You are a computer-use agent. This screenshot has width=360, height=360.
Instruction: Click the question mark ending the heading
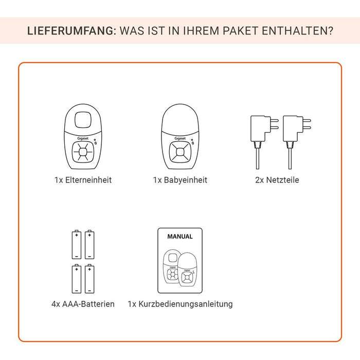330,31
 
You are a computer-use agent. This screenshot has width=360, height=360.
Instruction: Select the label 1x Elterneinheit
83,180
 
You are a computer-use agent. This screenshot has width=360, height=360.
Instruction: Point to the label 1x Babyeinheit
180,180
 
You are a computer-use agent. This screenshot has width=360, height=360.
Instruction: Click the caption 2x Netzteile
277,180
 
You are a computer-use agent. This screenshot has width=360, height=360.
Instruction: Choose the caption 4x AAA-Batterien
83,304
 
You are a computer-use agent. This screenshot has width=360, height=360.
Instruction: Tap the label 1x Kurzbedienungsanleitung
180,304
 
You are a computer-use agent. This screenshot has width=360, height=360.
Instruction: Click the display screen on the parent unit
83,120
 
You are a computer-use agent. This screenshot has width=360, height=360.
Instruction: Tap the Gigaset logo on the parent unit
83,138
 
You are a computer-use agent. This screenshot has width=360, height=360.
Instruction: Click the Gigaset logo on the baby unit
180,138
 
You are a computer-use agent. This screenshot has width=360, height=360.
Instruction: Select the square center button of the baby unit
180,152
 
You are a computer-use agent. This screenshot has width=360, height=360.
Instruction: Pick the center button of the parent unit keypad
83,152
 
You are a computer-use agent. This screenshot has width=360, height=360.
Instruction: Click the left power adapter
264,142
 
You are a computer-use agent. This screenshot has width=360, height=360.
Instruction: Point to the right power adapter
297,142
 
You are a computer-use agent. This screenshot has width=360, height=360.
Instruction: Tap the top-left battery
77,244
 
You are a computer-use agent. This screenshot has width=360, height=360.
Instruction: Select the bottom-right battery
89,279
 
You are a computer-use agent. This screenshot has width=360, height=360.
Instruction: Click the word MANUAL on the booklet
180,237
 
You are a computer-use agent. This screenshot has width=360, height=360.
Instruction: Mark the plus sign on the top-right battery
89,235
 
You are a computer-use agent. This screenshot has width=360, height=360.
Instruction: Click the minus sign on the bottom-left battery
77,291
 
